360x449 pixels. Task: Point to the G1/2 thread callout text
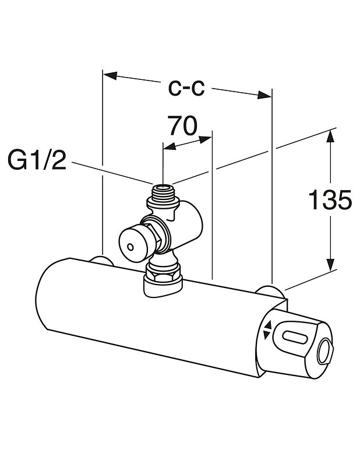(x=37, y=159)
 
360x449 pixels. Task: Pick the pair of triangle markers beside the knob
(x=267, y=330)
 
